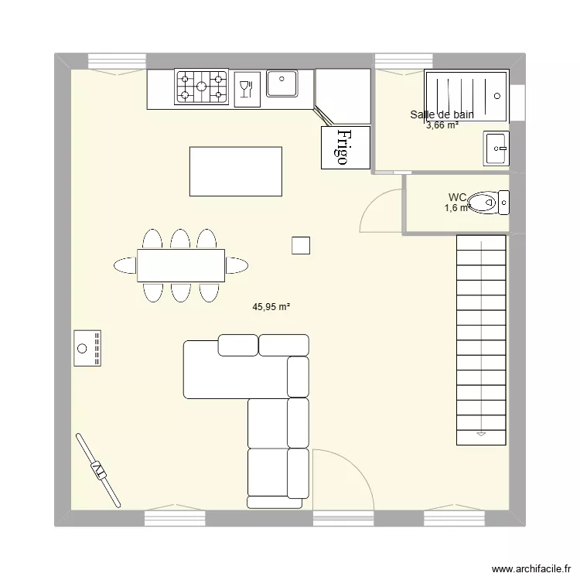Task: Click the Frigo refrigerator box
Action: (346, 147)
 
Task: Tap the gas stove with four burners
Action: (202, 87)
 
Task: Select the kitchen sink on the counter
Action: (282, 84)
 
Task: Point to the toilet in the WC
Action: (487, 203)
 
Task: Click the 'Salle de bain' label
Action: (442, 114)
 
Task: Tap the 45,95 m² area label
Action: (271, 306)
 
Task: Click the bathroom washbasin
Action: (496, 148)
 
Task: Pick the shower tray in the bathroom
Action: (466, 95)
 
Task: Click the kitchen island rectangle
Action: (236, 171)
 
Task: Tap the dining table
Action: (181, 265)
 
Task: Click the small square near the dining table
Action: (301, 245)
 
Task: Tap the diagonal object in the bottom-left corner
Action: (98, 469)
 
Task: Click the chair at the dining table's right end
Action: (237, 265)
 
